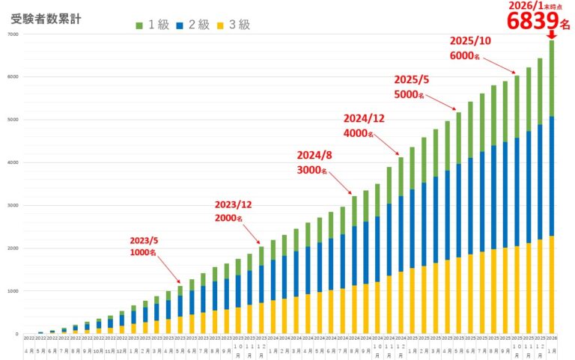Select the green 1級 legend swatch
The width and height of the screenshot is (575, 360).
tap(139, 25)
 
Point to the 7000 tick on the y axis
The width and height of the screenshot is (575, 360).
tap(13, 34)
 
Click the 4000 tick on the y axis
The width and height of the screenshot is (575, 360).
tap(13, 162)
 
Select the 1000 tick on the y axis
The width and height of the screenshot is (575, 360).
tap(13, 291)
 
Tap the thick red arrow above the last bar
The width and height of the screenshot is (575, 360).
tap(552, 34)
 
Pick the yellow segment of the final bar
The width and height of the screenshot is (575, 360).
tap(552, 284)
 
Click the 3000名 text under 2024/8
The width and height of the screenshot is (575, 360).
tap(312, 171)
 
